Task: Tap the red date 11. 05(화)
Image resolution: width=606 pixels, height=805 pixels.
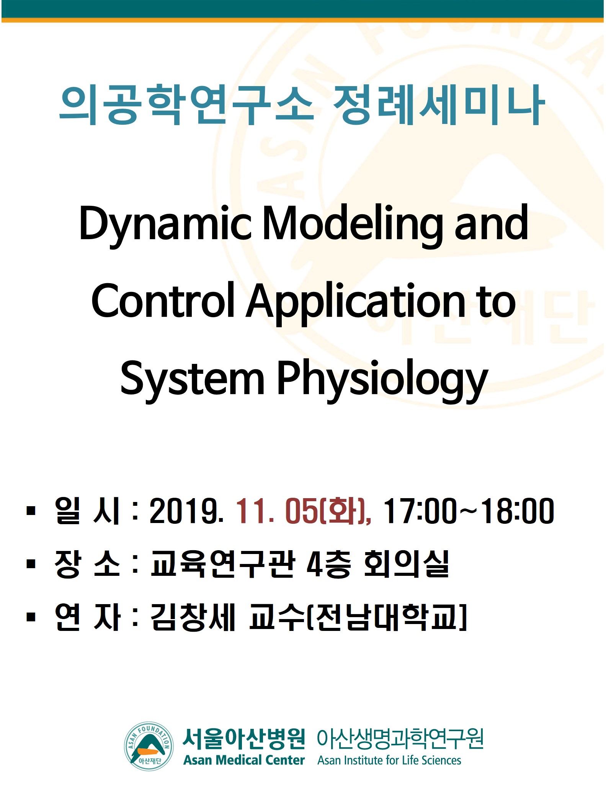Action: tap(303, 511)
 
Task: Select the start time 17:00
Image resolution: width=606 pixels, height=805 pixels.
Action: tap(420, 511)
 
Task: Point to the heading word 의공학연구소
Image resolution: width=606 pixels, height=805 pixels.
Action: tap(186, 105)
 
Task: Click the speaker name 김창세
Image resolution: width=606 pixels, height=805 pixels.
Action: tap(193, 617)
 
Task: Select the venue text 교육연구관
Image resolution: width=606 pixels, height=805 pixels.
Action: tap(222, 564)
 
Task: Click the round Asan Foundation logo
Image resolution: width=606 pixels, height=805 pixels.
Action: tap(149, 746)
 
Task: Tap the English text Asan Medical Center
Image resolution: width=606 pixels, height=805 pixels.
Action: tap(244, 760)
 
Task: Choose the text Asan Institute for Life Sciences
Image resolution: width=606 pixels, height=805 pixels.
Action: tap(389, 760)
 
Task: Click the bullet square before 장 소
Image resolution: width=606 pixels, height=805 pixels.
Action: tap(31, 564)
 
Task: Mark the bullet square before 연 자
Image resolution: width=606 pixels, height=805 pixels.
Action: tap(31, 617)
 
